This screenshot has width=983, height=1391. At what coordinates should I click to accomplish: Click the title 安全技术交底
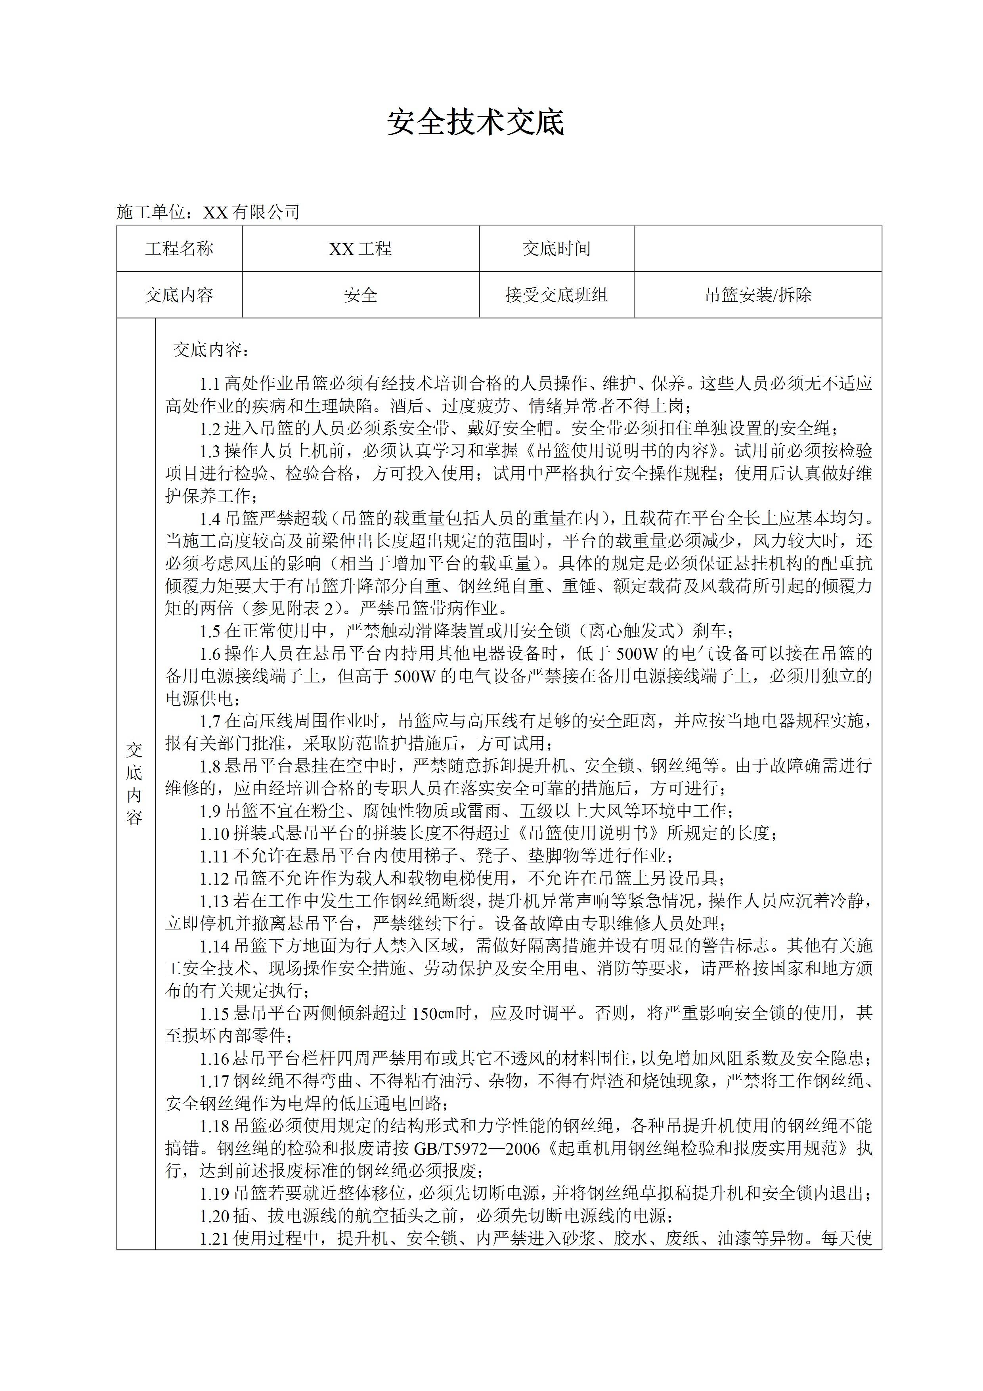476,123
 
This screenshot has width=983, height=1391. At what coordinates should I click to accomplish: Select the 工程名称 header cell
179,248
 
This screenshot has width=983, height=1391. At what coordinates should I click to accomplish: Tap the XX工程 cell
360,248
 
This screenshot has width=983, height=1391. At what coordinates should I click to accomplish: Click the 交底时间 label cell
557,248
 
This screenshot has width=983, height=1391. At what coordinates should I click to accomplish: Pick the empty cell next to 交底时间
758,248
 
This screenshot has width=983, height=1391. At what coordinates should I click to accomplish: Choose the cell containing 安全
360,295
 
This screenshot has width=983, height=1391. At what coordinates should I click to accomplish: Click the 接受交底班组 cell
557,295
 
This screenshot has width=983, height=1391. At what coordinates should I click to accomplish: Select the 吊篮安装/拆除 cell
758,295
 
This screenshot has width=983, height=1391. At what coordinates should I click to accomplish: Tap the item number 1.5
210,631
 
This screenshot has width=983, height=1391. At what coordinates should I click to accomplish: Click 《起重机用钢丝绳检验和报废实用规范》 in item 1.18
696,1149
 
